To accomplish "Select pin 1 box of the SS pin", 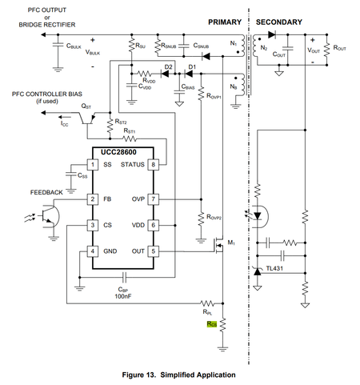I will click(x=93, y=165).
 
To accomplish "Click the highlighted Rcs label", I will click(x=211, y=324).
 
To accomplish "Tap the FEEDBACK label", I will click(x=48, y=193).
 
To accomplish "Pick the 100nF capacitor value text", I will click(x=124, y=296).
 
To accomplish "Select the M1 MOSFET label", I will click(x=232, y=242).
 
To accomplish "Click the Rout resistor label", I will click(x=340, y=48).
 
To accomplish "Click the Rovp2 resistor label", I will click(x=214, y=216).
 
